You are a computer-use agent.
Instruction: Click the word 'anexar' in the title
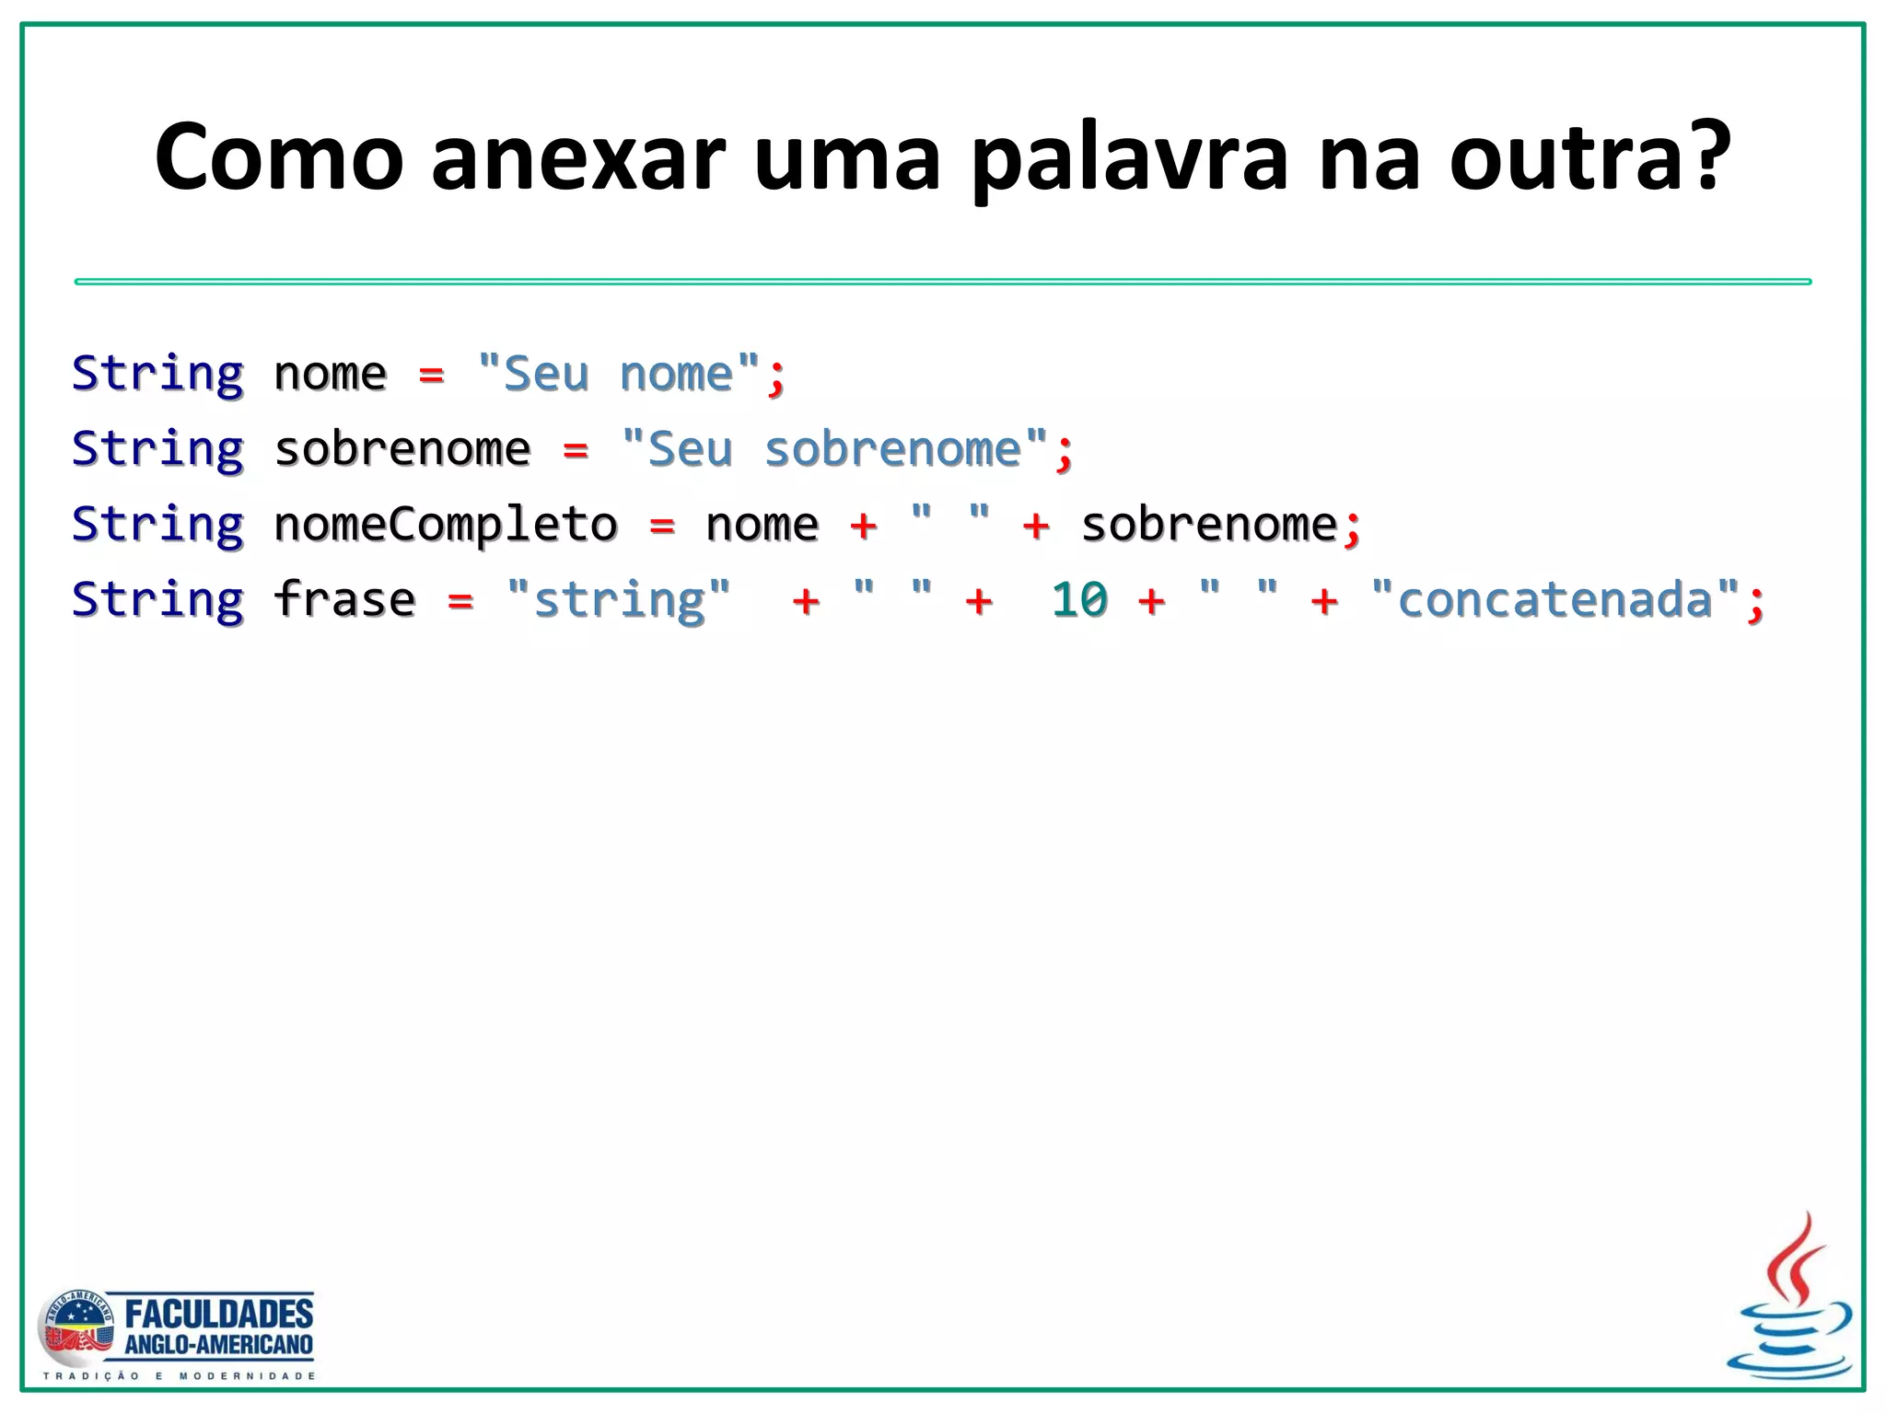578,158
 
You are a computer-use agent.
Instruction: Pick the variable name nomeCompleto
446,525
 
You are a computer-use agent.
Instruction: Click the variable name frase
344,600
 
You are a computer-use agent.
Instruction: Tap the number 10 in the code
1079,600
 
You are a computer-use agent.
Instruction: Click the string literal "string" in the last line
619,600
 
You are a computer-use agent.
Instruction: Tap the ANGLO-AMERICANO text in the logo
219,1345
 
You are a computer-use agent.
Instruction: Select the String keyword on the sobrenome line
157,450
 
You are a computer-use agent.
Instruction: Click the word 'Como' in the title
279,158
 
